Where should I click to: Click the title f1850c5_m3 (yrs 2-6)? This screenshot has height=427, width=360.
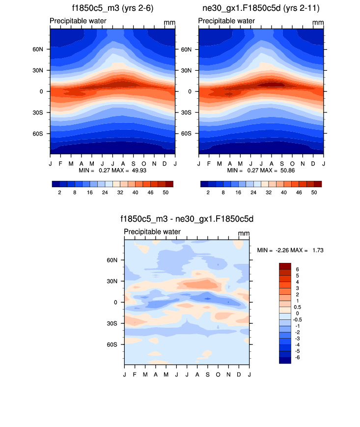tap(112, 8)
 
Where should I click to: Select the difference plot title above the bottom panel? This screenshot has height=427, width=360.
tap(187, 219)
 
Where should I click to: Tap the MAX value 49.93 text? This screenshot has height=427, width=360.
tap(138, 170)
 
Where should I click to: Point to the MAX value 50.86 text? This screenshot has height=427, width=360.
tap(286, 170)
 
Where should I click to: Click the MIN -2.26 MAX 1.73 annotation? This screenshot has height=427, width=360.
tap(290, 250)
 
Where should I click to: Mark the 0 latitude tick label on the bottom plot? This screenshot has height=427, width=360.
tap(115, 302)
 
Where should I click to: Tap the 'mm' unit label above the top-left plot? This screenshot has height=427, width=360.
tap(169, 23)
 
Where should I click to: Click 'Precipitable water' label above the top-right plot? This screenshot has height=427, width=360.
tap(226, 21)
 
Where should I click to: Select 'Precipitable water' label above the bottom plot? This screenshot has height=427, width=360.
tap(152, 232)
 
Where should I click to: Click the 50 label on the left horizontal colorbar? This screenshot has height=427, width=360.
tap(166, 193)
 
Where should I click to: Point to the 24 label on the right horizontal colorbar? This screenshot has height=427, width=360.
tap(253, 193)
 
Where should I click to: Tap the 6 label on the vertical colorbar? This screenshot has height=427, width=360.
tap(297, 269)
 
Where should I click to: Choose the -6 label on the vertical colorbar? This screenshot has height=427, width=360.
tap(298, 357)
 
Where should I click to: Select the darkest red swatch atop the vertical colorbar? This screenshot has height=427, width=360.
tap(285, 266)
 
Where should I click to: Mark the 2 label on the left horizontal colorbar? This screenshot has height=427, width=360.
tap(59, 193)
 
